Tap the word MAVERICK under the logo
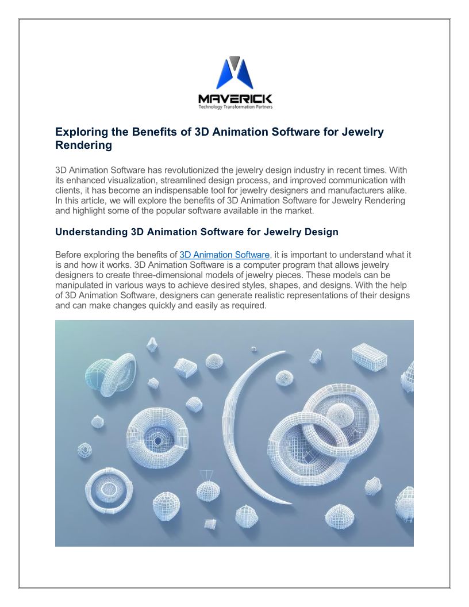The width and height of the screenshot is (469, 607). pyautogui.click(x=234, y=99)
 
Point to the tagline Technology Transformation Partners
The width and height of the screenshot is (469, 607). pyautogui.click(x=234, y=107)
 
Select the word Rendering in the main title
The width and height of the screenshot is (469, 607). pyautogui.click(x=83, y=145)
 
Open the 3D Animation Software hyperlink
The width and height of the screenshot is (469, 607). pyautogui.click(x=224, y=255)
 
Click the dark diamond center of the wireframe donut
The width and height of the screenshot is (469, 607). pyautogui.click(x=158, y=440)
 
